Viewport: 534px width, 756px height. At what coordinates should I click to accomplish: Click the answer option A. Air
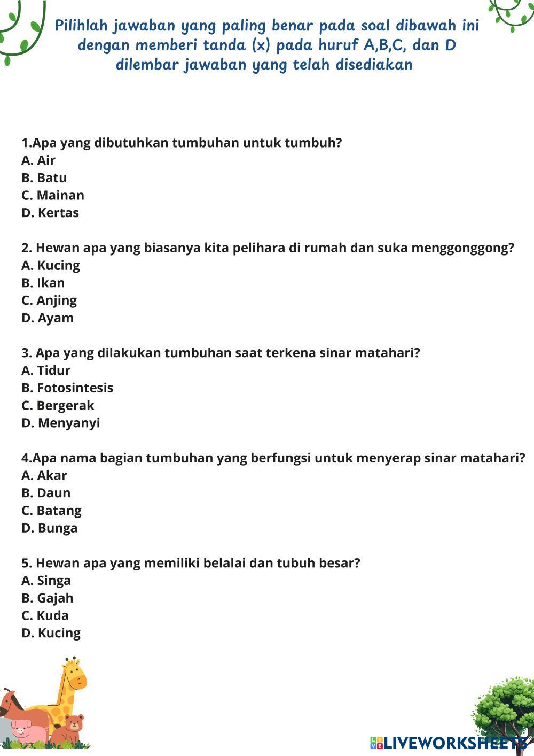(x=38, y=160)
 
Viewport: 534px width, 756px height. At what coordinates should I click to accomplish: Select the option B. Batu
(x=44, y=178)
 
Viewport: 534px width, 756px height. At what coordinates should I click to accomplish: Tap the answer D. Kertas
(x=50, y=213)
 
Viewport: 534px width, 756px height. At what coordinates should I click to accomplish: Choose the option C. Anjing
(x=49, y=300)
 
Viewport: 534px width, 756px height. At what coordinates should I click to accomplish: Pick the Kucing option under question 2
(x=51, y=266)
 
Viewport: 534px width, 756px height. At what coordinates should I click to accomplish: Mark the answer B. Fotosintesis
(x=67, y=388)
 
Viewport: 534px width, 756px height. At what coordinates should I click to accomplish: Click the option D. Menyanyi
(x=61, y=423)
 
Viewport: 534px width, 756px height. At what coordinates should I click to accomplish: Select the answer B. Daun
(x=46, y=493)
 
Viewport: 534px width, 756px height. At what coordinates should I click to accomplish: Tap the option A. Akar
(x=44, y=476)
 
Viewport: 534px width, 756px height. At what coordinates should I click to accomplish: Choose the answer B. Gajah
(x=48, y=598)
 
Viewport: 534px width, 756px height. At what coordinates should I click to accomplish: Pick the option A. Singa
(x=46, y=581)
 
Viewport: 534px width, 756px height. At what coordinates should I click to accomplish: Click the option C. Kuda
(x=45, y=616)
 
